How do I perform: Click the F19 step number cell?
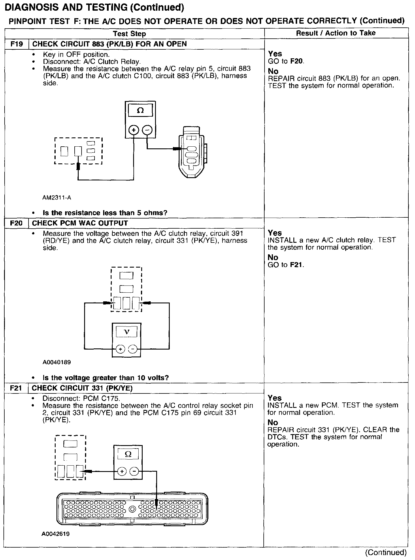[16, 44]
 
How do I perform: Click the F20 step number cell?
[16, 223]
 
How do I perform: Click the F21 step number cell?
[16, 388]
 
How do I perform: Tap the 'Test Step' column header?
[129, 34]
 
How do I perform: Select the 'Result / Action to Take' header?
[336, 33]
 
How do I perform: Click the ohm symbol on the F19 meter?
[140, 111]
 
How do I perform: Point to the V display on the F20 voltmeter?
[127, 332]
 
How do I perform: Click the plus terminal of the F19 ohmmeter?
[133, 130]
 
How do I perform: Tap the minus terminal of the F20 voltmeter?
[133, 349]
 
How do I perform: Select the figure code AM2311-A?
[57, 198]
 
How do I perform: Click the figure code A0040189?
[57, 362]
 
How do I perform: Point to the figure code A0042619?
[56, 534]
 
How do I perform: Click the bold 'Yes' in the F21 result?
[275, 398]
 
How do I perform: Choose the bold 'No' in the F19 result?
[273, 71]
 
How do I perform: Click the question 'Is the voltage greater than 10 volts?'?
[105, 378]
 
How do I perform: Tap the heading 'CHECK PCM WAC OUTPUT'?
[80, 223]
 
